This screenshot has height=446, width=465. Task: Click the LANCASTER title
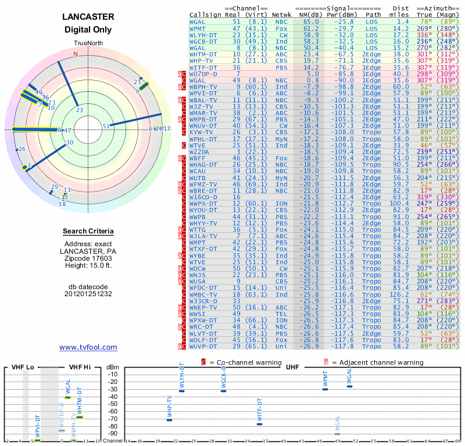coord(88,17)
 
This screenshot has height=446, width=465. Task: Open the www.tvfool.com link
coord(88,347)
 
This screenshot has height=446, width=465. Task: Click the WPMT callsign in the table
coord(198,28)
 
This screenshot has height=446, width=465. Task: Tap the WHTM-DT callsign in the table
coord(203,54)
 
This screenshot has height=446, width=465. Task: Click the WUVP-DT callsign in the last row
coord(203,347)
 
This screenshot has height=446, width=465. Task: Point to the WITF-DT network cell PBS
coord(282,67)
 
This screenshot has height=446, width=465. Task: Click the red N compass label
coord(75,54)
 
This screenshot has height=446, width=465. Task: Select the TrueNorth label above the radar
coord(88,44)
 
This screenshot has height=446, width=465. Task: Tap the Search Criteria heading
coord(88,232)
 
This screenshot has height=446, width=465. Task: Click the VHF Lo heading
coord(23,368)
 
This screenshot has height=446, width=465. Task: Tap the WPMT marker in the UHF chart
coord(325,389)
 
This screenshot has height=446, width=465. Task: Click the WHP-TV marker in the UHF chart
coord(169,420)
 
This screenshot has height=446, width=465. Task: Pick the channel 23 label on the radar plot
coord(80,110)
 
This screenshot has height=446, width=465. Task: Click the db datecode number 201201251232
coord(88,293)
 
